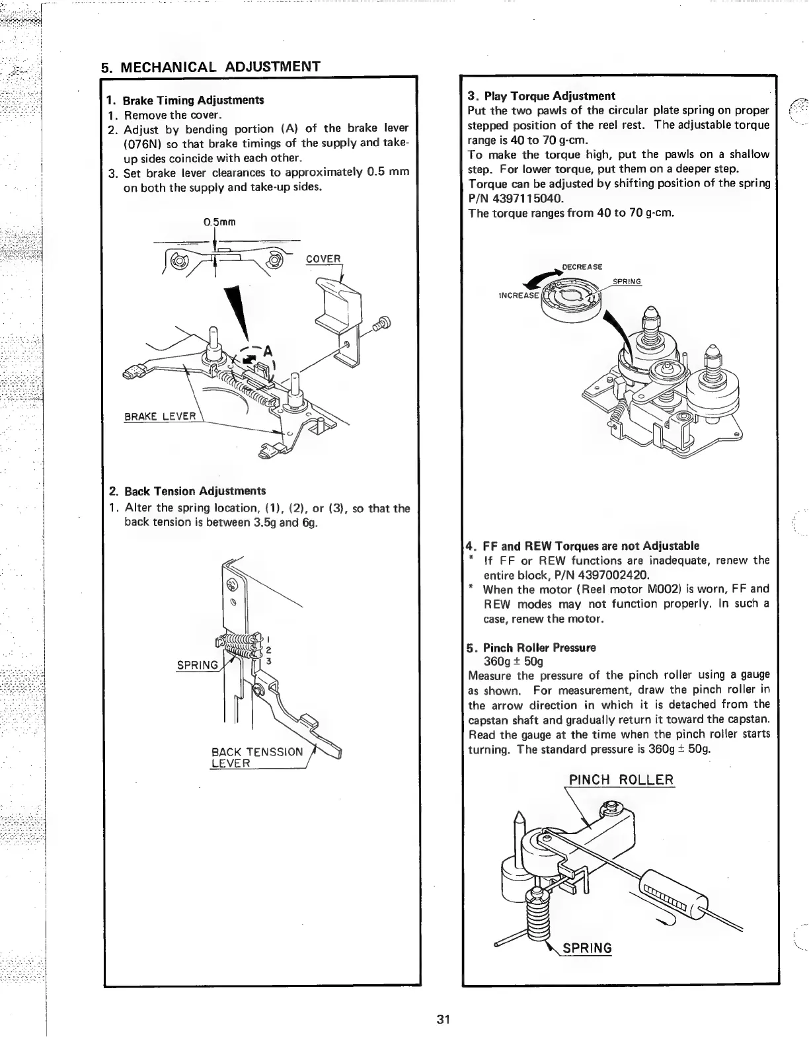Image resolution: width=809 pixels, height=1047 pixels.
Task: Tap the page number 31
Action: point(443,1019)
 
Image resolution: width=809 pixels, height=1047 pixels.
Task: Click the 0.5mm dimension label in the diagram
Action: point(220,221)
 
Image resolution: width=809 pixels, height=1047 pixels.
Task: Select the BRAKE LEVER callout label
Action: point(161,416)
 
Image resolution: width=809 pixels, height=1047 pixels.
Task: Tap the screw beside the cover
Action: point(383,324)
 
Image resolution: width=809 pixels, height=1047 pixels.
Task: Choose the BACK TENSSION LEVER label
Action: point(257,757)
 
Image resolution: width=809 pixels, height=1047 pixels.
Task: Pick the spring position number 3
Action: point(270,661)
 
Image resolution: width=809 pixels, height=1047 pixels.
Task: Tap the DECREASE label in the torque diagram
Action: point(582,266)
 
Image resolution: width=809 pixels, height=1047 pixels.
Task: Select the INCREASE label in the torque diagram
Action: point(520,295)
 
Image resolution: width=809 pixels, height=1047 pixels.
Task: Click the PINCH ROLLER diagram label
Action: point(621,779)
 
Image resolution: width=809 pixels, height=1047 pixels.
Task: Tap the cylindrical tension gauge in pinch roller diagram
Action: point(673,900)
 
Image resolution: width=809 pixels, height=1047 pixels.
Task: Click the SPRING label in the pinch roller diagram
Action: point(587,948)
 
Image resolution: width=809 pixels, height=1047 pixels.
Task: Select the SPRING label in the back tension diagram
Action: point(196,664)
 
